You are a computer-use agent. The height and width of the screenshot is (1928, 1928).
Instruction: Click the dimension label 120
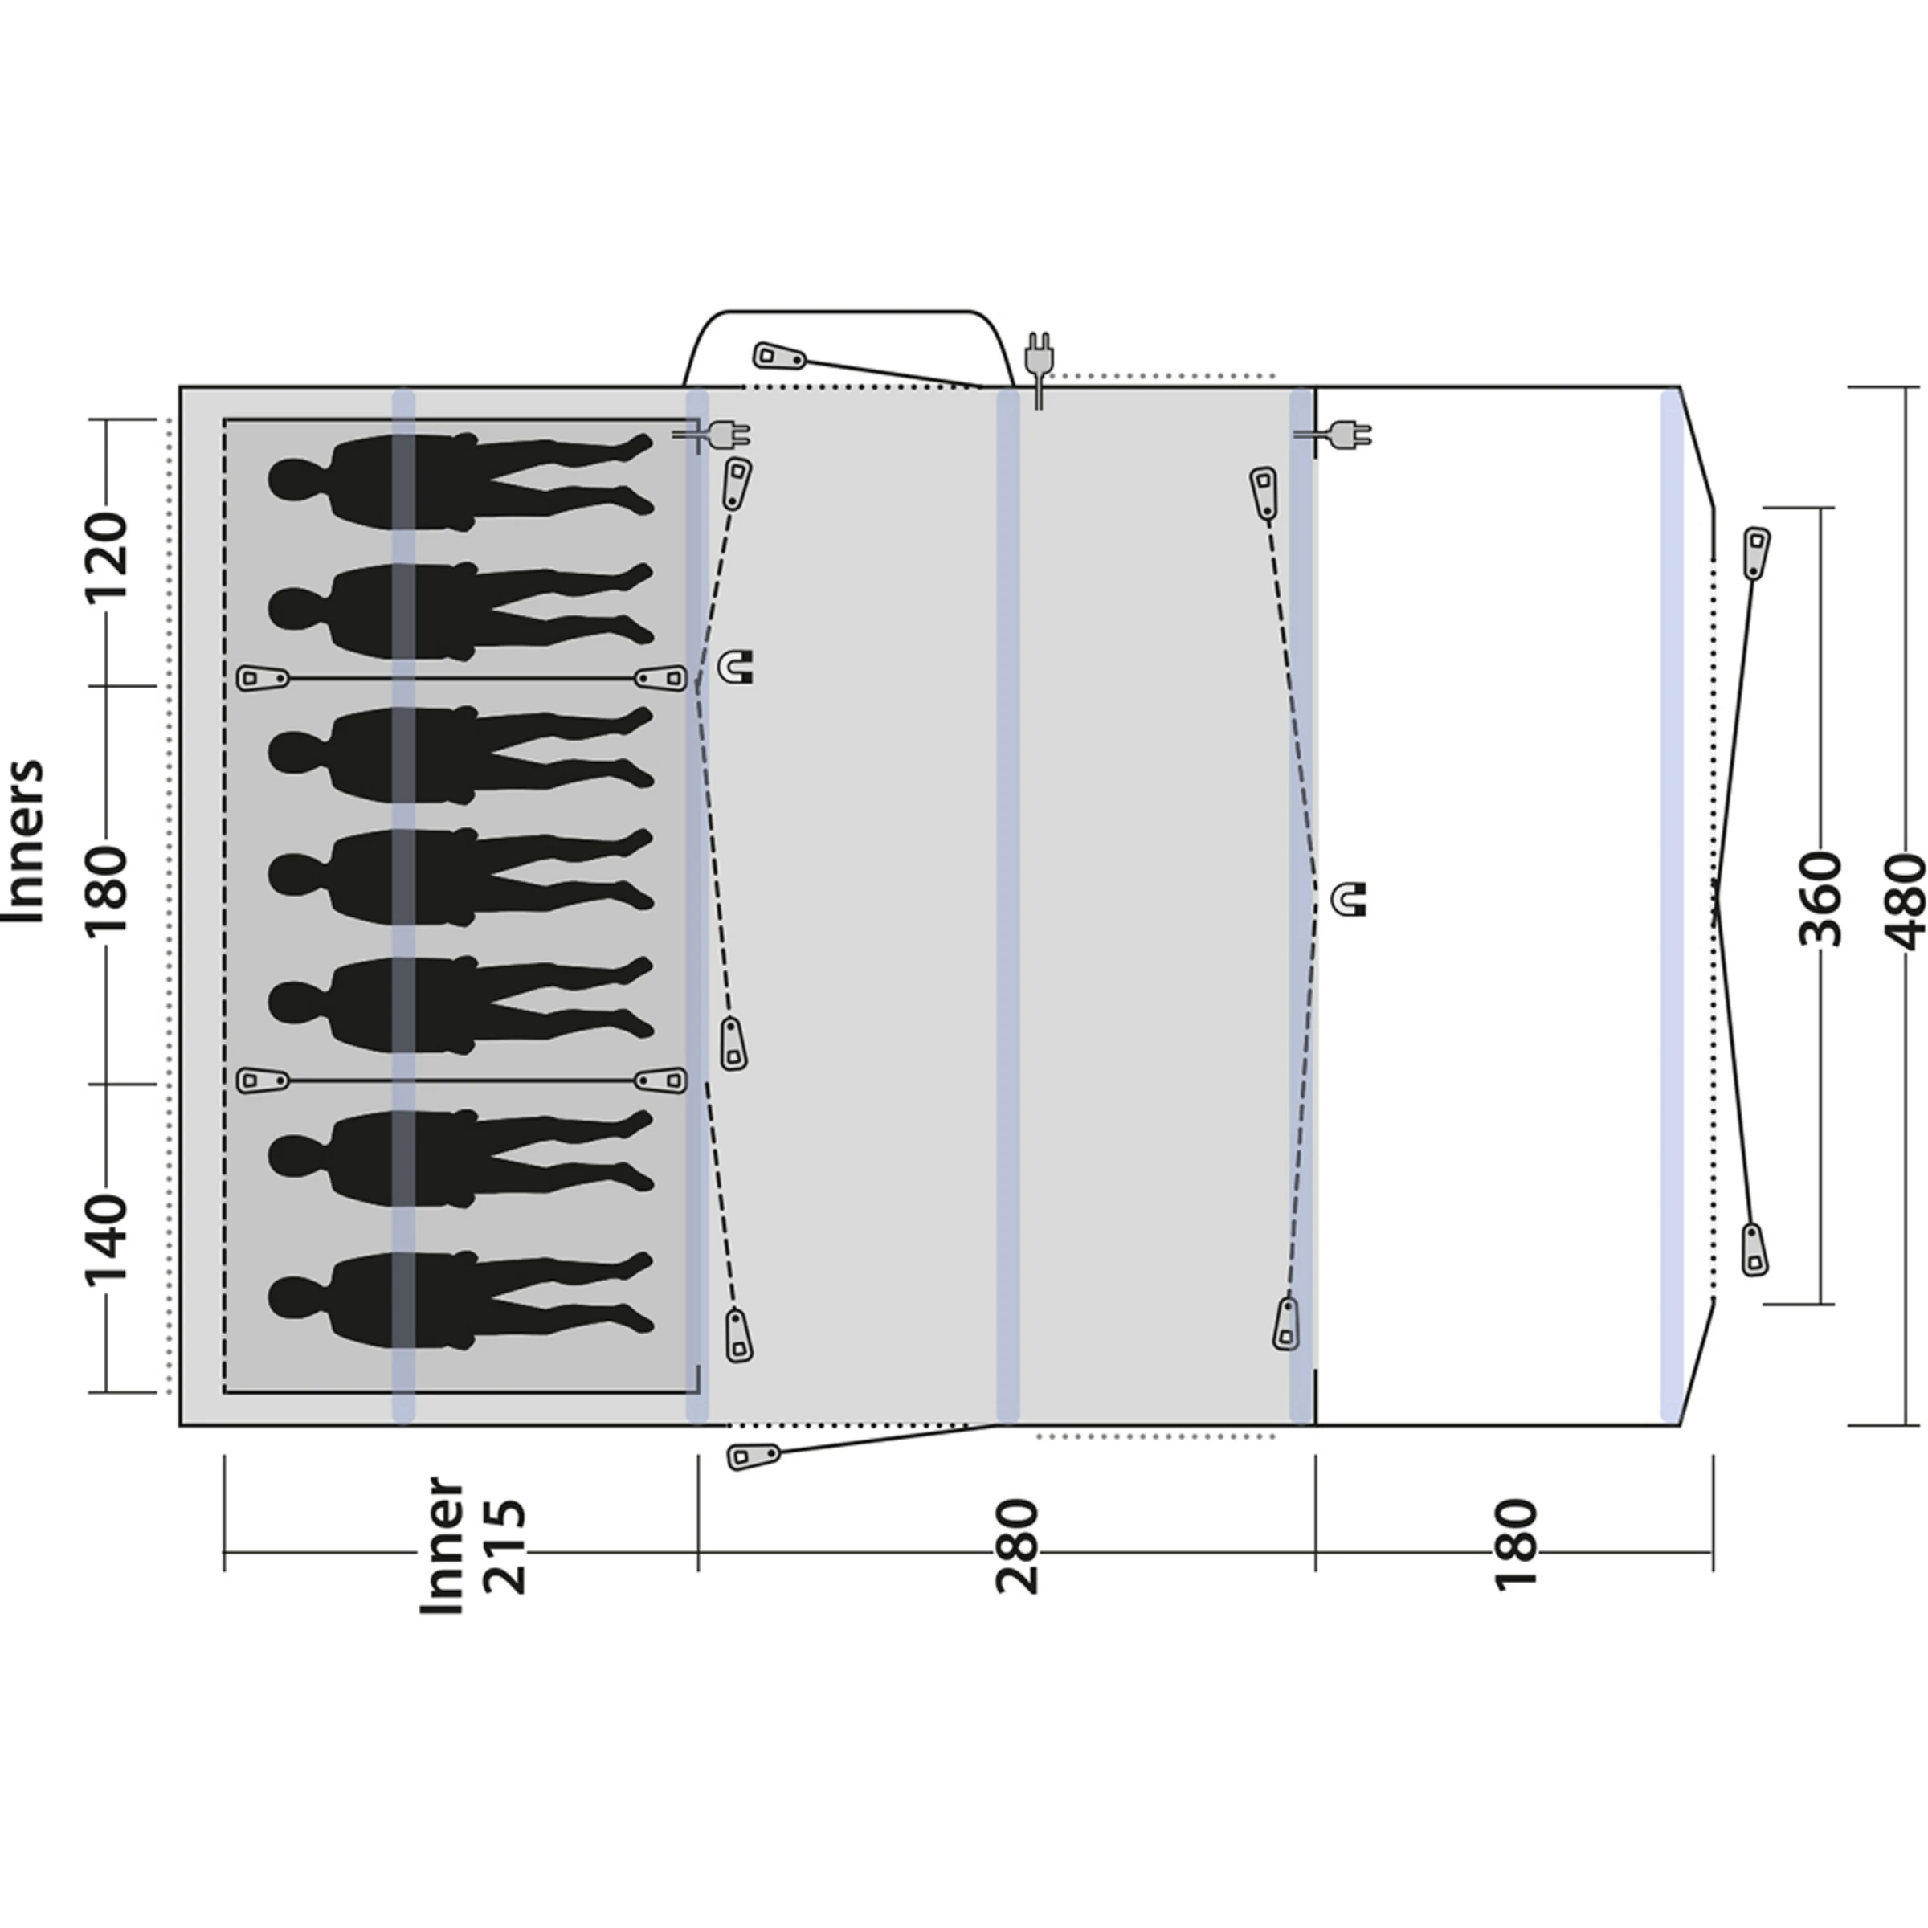tap(104, 556)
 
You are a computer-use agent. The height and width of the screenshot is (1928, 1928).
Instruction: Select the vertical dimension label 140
tap(104, 1240)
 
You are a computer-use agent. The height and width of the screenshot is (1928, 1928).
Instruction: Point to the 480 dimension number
tap(1902, 901)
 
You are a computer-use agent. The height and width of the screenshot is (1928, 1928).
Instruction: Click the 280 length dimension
tap(1017, 1546)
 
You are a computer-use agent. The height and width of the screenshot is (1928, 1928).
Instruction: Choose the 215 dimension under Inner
tap(502, 1546)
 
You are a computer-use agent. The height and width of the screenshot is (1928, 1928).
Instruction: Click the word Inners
tap(25, 841)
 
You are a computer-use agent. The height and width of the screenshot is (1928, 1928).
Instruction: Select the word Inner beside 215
tap(441, 1546)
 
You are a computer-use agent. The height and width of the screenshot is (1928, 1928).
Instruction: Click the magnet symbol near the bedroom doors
tap(737, 666)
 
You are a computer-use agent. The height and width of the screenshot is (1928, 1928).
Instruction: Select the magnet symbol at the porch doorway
tap(1350, 899)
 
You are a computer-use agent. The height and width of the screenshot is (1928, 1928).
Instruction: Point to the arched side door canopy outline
tap(848, 313)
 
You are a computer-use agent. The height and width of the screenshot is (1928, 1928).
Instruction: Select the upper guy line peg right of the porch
tap(1755, 552)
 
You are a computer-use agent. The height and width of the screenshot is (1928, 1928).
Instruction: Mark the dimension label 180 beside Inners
tap(104, 889)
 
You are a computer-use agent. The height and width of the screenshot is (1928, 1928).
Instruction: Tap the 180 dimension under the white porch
tap(1515, 1546)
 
